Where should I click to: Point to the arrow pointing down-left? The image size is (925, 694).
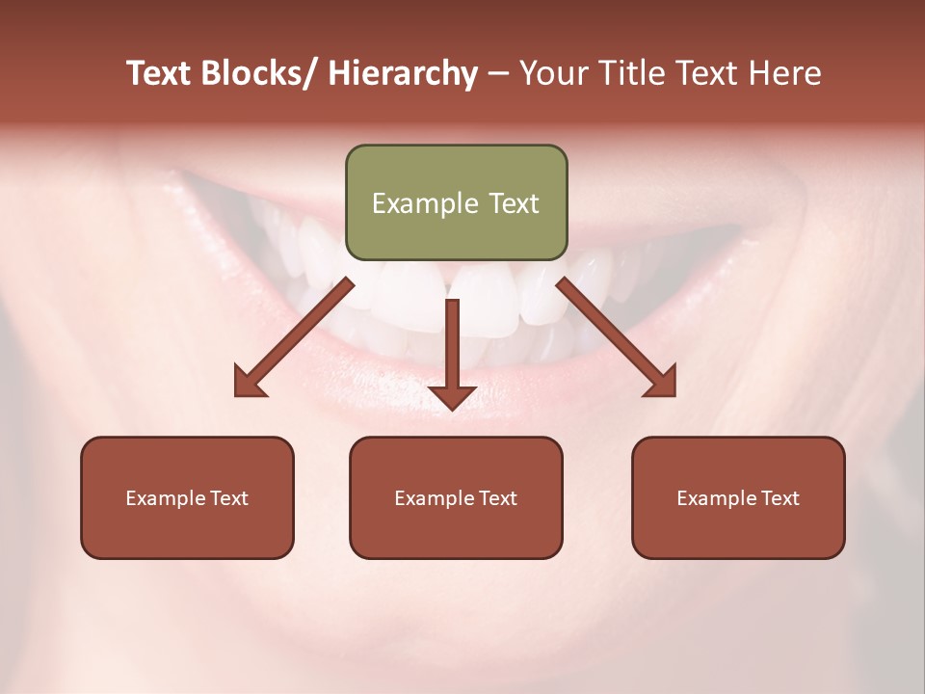point(294,336)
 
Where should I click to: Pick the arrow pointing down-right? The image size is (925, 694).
point(617,336)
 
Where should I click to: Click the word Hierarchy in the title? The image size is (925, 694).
point(403,73)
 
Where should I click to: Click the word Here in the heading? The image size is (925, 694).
point(784,73)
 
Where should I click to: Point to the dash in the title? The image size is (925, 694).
point(498,73)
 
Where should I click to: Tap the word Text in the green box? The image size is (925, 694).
point(514,203)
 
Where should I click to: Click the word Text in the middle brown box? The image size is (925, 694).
point(497,498)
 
